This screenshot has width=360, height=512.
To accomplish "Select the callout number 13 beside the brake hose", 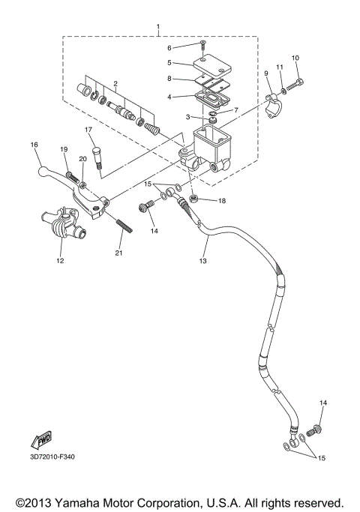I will coord(202,261).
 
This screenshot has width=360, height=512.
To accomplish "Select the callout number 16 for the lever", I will coord(34,145).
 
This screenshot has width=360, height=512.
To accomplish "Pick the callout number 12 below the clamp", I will coord(59,261).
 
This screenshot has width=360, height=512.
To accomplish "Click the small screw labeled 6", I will coord(202,46).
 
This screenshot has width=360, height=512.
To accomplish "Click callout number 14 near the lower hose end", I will coord(323,403).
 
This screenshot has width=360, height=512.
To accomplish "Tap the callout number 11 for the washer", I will coord(279,67).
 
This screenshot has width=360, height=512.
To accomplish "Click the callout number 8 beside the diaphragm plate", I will coord(170,78).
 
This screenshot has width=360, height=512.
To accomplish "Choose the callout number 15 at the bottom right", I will coord(322,457).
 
